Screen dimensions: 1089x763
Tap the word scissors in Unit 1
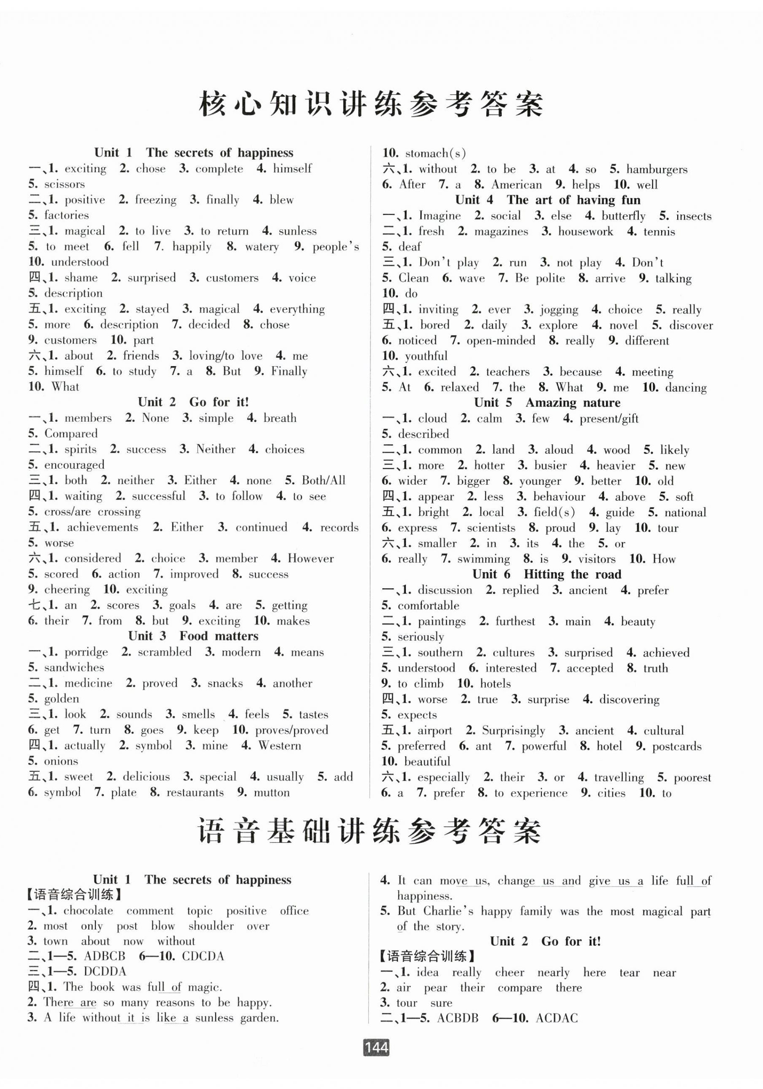coord(64,184)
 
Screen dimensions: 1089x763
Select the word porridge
coord(86,652)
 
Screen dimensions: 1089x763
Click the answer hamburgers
coord(656,169)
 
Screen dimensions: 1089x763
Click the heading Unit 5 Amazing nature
coord(547,403)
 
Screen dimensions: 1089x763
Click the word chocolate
coord(88,911)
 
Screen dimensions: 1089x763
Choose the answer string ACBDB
coord(457,1018)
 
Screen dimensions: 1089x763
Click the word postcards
coord(676,746)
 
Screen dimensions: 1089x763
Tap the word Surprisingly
coord(513,730)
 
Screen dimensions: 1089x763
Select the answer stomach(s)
coord(435,153)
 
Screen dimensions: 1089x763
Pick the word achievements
coord(103,527)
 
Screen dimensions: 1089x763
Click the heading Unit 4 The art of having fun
coord(547,200)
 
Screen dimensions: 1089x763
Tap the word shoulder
coord(211,926)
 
